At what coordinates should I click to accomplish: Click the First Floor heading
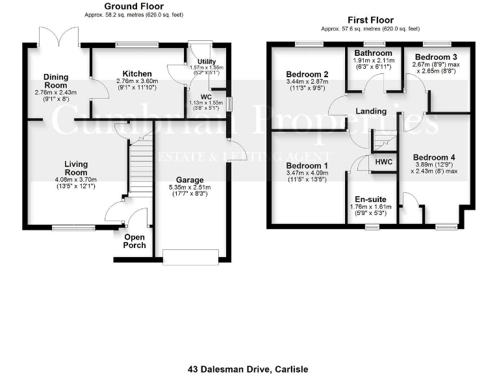click(370, 20)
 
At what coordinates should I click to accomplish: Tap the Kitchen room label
click(137, 74)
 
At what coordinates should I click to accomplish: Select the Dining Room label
click(55, 81)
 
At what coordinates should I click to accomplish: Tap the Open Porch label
click(134, 241)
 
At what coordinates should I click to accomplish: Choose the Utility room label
click(198, 61)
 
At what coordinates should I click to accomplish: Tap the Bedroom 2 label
click(307, 74)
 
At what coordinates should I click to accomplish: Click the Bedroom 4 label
click(434, 157)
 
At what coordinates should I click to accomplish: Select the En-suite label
click(368, 200)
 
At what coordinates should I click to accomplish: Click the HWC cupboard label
click(383, 162)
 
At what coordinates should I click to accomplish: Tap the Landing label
click(371, 112)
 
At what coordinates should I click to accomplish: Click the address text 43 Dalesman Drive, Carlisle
click(249, 369)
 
